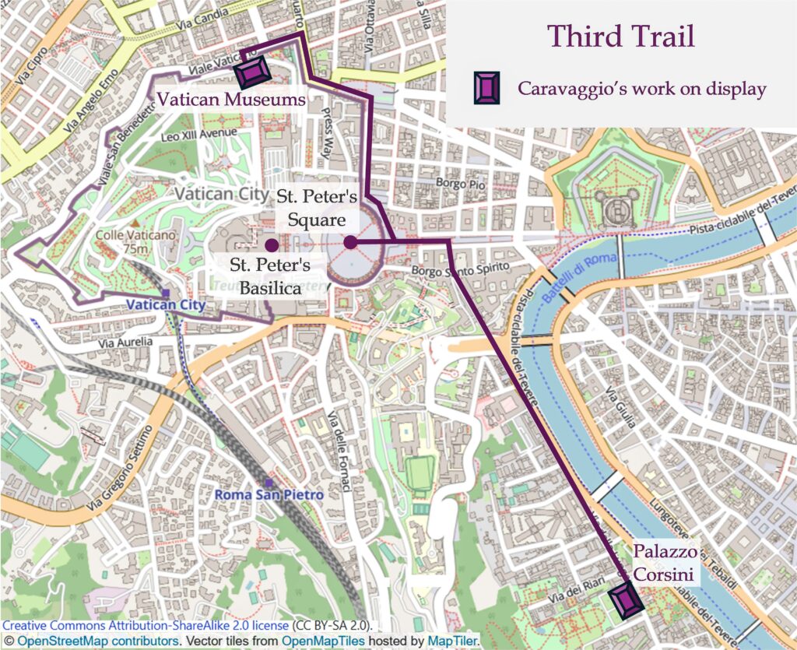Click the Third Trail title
coord(620,37)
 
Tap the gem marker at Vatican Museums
coord(253,72)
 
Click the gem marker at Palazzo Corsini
coord(623,600)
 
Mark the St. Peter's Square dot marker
coord(350,242)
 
